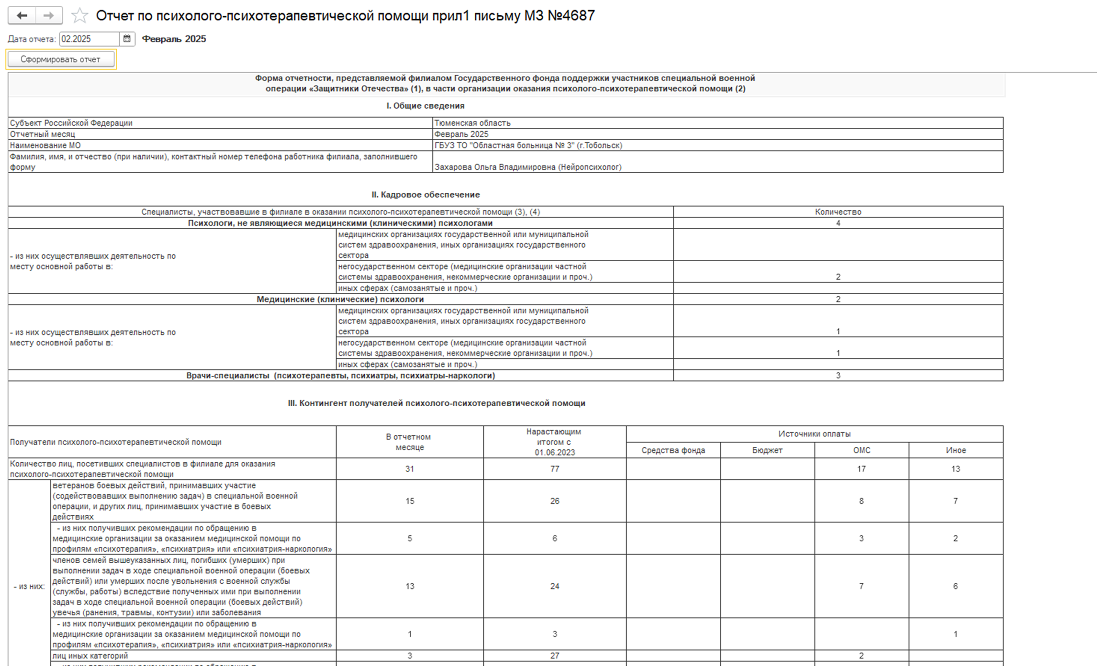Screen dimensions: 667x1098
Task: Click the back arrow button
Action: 22,16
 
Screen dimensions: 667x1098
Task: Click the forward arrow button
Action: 48,16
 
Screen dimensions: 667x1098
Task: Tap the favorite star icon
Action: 79,16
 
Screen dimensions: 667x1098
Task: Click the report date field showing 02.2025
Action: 89,39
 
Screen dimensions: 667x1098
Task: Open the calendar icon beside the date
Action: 127,39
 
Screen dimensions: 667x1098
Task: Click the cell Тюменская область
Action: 472,123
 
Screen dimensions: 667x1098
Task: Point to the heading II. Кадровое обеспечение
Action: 426,195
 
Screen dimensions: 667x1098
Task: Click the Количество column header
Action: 838,212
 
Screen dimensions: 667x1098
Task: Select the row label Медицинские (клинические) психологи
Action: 340,300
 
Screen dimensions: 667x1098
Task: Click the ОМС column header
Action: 861,450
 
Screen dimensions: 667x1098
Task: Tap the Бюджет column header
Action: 767,450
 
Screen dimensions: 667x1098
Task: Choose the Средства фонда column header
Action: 673,450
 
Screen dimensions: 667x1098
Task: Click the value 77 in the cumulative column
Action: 554,469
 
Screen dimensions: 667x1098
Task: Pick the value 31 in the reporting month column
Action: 410,469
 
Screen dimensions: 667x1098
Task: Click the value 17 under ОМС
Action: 861,469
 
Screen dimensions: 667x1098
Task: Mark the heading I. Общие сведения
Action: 425,106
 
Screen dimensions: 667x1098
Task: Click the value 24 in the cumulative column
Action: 554,586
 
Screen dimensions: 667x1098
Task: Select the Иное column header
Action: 955,450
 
